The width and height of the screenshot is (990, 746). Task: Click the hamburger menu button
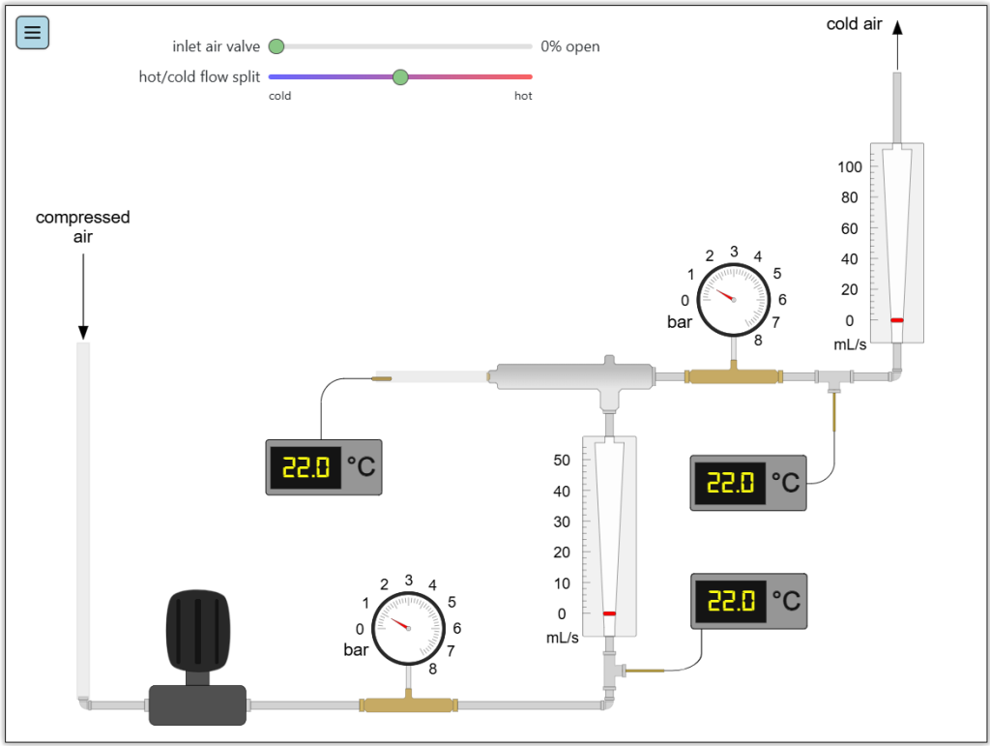click(x=33, y=33)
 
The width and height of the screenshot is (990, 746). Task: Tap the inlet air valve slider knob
click(x=277, y=46)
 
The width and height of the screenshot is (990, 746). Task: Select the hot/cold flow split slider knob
click(x=400, y=76)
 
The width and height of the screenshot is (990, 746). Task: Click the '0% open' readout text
click(x=569, y=46)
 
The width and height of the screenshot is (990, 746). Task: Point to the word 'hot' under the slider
click(x=523, y=96)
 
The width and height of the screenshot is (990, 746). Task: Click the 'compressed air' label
click(x=83, y=226)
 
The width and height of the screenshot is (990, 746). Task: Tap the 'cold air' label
click(x=854, y=24)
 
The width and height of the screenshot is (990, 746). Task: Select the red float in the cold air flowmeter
click(x=897, y=320)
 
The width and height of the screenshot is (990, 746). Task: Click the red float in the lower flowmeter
click(x=609, y=613)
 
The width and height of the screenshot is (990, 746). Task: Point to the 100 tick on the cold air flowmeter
click(x=850, y=166)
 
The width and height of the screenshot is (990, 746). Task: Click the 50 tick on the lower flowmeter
click(x=562, y=460)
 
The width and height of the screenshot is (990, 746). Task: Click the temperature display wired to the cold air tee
click(x=748, y=482)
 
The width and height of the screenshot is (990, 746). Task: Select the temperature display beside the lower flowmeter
click(x=748, y=601)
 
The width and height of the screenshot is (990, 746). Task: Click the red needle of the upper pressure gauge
click(x=724, y=294)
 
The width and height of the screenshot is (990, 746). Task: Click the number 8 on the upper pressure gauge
click(x=758, y=340)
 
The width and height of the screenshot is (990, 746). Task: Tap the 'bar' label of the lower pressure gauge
click(x=356, y=650)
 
